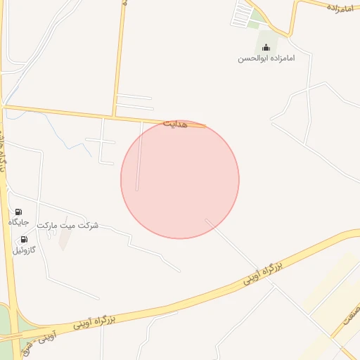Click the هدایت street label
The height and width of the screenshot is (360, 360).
coord(176,124)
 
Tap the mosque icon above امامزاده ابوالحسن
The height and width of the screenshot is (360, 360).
coord(266,48)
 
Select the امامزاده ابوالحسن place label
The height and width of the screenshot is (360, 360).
coord(266,58)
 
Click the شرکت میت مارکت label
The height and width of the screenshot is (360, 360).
coord(68,226)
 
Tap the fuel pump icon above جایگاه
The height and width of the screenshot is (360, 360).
coord(18,212)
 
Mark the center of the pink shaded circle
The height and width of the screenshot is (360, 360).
coord(180,179)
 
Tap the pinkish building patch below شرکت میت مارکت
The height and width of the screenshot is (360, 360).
coord(64,240)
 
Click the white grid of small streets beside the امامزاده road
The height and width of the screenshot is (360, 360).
coord(243,13)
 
